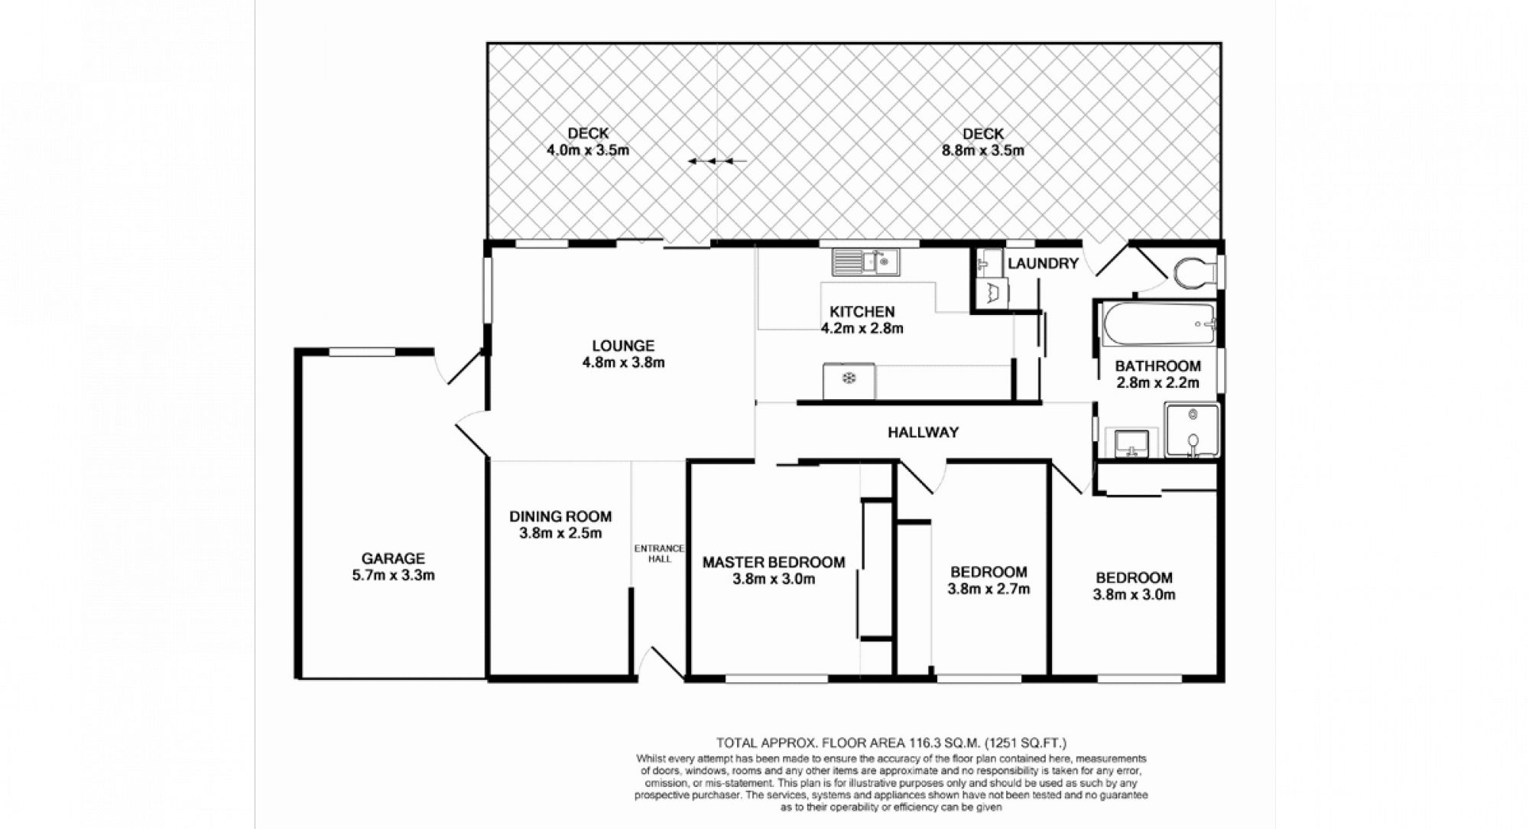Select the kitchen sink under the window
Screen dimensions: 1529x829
(865, 262)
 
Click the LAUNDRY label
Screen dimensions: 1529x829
(1043, 263)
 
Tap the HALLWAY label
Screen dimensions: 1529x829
(923, 432)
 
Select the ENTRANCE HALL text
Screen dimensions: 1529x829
(660, 553)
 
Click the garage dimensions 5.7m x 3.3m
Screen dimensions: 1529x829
(393, 575)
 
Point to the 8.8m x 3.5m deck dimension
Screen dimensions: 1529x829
(982, 151)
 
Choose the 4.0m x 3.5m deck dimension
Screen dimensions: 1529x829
(588, 150)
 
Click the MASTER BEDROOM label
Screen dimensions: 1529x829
(774, 562)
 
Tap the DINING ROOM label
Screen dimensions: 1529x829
(560, 516)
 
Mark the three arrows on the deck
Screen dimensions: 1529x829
(716, 161)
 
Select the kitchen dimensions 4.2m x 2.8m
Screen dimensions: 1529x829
(862, 329)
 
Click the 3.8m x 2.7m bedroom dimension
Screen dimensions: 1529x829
(988, 589)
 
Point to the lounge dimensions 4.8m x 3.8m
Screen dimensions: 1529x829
(623, 362)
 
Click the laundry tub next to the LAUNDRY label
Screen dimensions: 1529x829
(992, 291)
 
